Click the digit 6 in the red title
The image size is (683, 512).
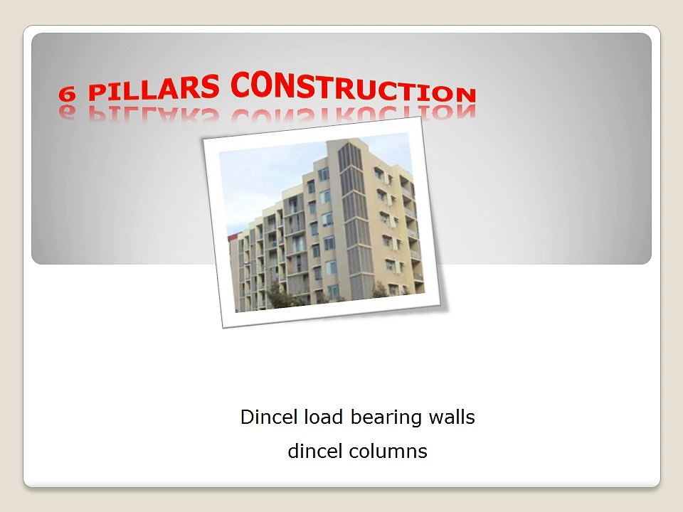pyautogui.click(x=67, y=93)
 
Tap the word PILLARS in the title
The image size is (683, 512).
pyautogui.click(x=154, y=87)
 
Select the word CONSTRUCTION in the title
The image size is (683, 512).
pyautogui.click(x=354, y=87)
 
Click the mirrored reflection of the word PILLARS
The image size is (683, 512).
pyautogui.click(x=154, y=113)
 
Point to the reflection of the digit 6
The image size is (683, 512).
pyautogui.click(x=67, y=111)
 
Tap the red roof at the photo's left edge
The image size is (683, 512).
pyautogui.click(x=233, y=237)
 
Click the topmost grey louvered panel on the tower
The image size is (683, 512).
pyautogui.click(x=349, y=156)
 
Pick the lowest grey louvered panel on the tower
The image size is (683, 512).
pyautogui.click(x=361, y=286)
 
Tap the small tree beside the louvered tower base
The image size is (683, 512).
pyautogui.click(x=380, y=290)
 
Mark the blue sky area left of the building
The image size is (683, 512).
pyautogui.click(x=261, y=178)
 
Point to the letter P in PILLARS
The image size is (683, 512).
pyautogui.click(x=97, y=92)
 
